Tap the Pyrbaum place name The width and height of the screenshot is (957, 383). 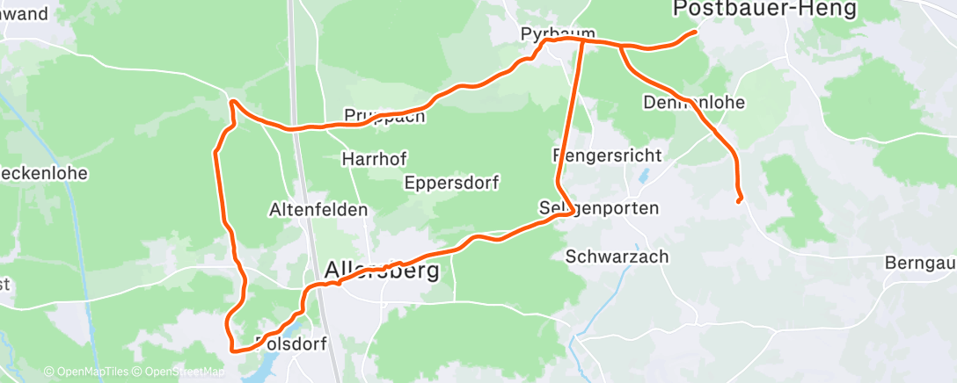[x=552, y=33]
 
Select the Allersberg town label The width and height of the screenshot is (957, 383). [x=382, y=271]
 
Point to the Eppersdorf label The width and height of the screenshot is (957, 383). [x=452, y=184]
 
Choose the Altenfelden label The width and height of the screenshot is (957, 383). [x=318, y=210]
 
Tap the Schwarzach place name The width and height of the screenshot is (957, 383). [x=617, y=257]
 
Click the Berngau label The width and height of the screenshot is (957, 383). [x=919, y=263]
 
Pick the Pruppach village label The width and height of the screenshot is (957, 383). [x=384, y=116]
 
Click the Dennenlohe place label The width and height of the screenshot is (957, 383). [x=694, y=102]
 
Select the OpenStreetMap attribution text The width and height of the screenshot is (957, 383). [x=184, y=372]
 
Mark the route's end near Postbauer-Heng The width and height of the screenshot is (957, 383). [x=696, y=33]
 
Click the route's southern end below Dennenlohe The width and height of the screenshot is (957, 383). [x=739, y=200]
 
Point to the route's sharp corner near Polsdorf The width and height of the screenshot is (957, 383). [x=232, y=350]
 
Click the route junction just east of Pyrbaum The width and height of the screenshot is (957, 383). [x=583, y=40]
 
